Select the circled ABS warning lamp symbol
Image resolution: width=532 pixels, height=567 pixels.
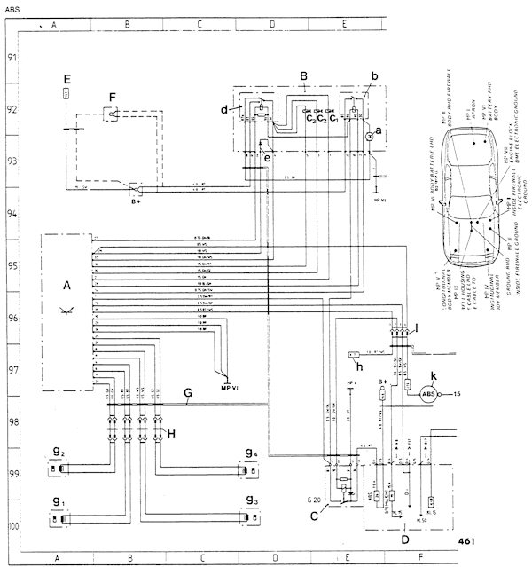(428, 393)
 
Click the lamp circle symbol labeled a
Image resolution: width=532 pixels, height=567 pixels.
(369, 137)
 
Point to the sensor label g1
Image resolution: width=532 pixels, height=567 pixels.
(58, 502)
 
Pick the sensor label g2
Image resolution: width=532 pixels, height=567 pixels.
(58, 453)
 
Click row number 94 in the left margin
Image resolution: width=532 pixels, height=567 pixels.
(12, 214)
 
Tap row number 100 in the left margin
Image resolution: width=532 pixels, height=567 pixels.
(12, 525)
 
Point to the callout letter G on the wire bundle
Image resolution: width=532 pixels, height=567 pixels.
(187, 392)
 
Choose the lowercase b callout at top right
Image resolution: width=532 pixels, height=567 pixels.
(375, 78)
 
